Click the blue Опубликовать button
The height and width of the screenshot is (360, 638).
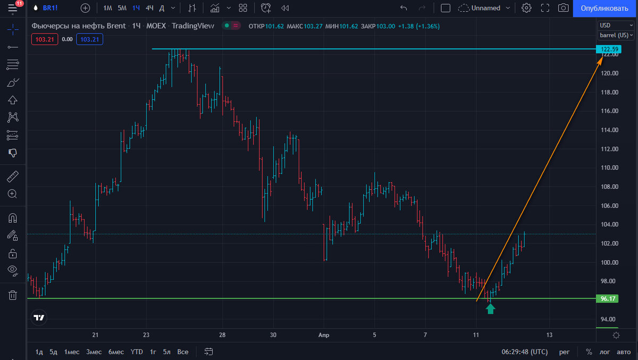(x=605, y=9)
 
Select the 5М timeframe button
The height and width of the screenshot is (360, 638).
(x=122, y=8)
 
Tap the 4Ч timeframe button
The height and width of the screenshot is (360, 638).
(x=149, y=8)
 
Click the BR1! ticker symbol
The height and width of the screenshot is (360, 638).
(x=50, y=8)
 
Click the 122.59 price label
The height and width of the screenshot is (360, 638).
(x=609, y=49)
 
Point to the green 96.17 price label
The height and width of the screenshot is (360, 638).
(x=607, y=298)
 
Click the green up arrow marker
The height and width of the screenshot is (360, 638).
(x=490, y=309)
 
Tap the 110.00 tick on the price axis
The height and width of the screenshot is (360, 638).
(x=609, y=168)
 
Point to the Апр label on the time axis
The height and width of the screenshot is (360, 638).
(x=324, y=335)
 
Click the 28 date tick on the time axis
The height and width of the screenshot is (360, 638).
(x=222, y=335)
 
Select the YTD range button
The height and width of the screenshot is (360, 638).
(x=137, y=351)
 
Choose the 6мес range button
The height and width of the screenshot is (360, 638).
(x=116, y=351)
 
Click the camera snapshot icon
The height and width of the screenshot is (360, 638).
(x=563, y=8)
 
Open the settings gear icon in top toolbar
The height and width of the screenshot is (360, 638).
(x=526, y=8)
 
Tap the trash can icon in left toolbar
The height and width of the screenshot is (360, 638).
(x=13, y=295)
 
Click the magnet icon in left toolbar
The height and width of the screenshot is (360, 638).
(x=13, y=218)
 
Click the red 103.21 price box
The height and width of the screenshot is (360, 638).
(x=45, y=39)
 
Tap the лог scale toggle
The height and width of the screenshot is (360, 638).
(x=605, y=351)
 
